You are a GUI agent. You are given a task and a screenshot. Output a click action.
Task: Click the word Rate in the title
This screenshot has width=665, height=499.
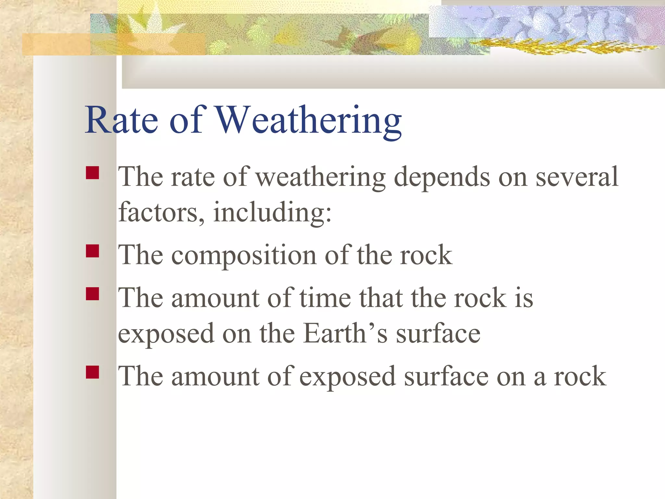121,120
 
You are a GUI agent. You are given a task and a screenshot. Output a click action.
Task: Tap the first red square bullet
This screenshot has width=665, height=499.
93,173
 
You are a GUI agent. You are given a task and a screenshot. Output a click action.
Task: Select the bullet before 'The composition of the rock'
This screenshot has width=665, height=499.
93,251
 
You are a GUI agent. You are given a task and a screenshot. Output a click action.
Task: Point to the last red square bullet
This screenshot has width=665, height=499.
93,372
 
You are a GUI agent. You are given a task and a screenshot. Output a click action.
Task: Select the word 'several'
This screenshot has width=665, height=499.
577,177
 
